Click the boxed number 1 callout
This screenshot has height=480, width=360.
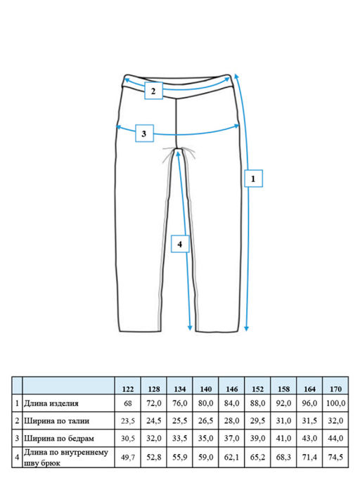(x=253, y=179)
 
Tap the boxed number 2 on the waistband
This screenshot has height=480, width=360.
(x=153, y=91)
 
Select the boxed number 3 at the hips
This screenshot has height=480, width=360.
(x=144, y=134)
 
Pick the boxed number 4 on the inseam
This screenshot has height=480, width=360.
(x=180, y=244)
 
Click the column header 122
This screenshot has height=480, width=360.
(x=128, y=389)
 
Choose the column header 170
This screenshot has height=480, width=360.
(x=335, y=389)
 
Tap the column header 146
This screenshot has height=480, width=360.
(x=231, y=389)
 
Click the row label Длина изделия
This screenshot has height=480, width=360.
(x=51, y=403)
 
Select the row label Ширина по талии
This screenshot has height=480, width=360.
(x=57, y=421)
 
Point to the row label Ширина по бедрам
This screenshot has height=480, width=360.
(x=59, y=439)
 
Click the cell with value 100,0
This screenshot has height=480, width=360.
(x=335, y=403)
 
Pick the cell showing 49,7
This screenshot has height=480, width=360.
(x=128, y=458)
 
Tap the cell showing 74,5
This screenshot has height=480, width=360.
(x=335, y=458)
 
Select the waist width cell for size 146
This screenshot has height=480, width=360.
(x=231, y=421)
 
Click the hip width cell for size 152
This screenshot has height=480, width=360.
(x=257, y=439)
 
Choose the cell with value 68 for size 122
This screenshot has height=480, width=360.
(x=128, y=403)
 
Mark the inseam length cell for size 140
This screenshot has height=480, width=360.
(x=205, y=458)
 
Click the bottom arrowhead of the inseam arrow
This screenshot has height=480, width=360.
(x=190, y=328)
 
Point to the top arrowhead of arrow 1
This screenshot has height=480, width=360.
(x=236, y=76)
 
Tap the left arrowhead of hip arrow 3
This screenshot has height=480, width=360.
(x=118, y=127)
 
